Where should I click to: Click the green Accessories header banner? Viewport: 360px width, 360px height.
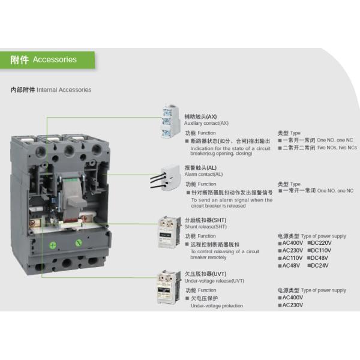click(47, 59)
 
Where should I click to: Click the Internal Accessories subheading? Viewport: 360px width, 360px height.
click(51, 89)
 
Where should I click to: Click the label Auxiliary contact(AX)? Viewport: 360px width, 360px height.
click(206, 122)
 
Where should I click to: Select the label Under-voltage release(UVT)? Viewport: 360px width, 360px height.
click(214, 281)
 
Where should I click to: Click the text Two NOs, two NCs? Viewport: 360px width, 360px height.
click(336, 147)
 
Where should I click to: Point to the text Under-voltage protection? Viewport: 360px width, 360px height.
click(217, 305)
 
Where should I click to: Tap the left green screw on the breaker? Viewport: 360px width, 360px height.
click(53, 244)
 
